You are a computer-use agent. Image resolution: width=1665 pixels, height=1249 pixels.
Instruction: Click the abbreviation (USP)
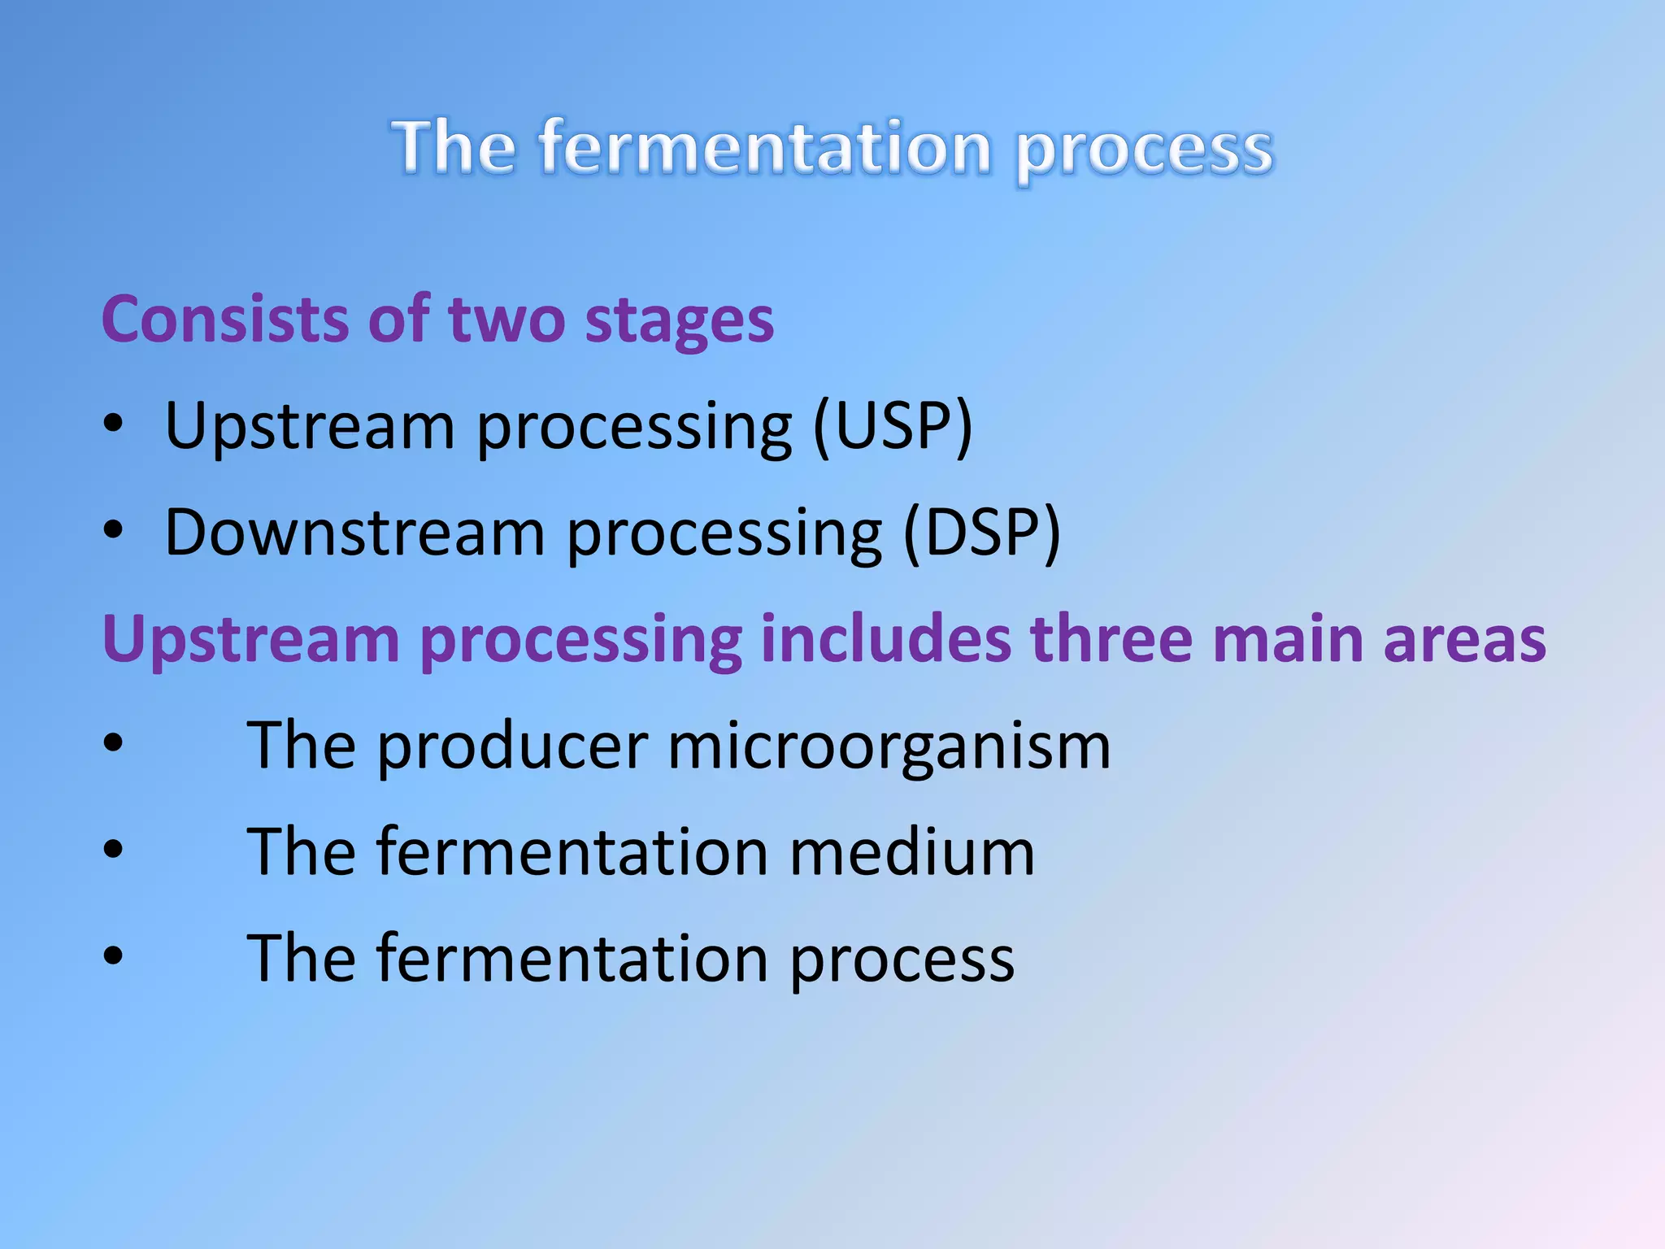893,426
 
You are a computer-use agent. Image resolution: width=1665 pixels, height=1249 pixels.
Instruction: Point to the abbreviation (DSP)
982,533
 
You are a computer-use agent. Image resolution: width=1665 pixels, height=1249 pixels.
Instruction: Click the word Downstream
354,533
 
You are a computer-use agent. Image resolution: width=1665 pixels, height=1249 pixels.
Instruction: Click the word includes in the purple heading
886,639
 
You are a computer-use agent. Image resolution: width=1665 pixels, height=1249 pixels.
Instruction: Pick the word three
1111,639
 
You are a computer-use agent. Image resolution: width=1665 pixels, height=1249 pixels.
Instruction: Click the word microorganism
889,746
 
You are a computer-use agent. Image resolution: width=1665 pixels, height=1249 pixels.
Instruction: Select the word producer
512,746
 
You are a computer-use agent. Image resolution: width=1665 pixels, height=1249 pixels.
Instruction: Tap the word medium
911,852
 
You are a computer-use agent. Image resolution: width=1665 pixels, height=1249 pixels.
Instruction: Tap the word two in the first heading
506,320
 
